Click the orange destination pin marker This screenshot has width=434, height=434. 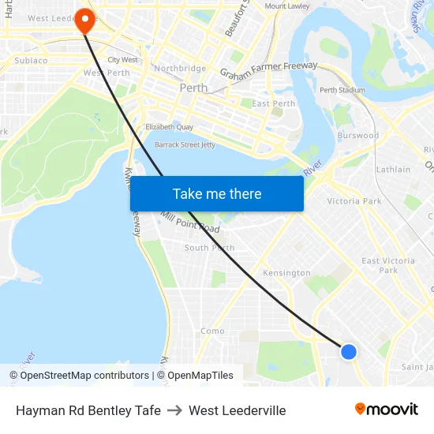tap(84, 21)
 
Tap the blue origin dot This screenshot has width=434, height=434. tap(348, 352)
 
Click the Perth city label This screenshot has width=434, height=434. tap(193, 88)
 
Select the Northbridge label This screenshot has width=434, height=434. tap(180, 69)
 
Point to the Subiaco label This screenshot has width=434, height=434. tap(31, 60)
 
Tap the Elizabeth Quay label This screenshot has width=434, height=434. tap(169, 126)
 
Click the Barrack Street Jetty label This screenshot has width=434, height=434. tap(185, 144)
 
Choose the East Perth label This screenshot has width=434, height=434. tap(273, 103)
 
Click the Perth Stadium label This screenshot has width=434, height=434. tap(342, 90)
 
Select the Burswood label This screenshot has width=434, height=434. tap(358, 136)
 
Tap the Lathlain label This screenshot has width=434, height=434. tap(393, 169)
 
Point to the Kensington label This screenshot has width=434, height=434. tap(286, 273)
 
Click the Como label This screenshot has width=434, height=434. tap(212, 331)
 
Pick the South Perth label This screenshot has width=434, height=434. tap(209, 248)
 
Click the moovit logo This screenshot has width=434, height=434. tap(387, 409)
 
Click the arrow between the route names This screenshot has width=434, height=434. tap(174, 410)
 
